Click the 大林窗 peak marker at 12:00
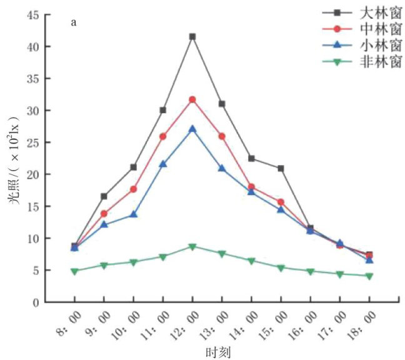[x=192, y=36]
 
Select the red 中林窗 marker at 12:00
[x=192, y=99]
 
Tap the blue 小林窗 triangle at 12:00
[x=192, y=129]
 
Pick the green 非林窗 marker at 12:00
[x=192, y=247]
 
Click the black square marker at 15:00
[x=281, y=168]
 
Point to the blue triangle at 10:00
[x=133, y=214]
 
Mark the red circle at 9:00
[x=104, y=214]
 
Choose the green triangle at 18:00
[x=369, y=276]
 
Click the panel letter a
[x=74, y=23]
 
